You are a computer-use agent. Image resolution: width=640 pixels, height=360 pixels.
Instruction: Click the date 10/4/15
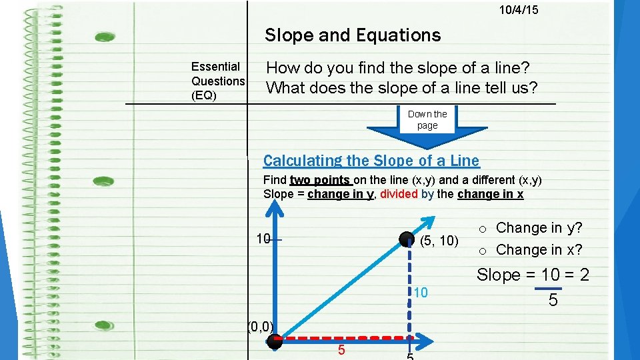(519, 10)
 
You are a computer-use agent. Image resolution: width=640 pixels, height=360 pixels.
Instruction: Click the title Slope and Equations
(353, 35)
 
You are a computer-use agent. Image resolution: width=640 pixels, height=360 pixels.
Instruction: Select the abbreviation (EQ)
(204, 95)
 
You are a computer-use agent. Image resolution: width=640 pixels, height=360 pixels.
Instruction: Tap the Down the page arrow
(427, 123)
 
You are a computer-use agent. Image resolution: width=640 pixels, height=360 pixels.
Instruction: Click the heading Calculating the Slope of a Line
(371, 161)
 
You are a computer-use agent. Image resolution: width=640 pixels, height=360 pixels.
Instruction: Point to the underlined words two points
(320, 180)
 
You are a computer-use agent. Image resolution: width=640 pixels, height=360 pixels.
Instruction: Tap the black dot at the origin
(275, 342)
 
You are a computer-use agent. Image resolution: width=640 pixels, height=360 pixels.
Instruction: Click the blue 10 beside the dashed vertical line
(420, 293)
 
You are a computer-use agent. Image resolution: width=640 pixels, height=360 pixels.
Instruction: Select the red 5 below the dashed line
(340, 350)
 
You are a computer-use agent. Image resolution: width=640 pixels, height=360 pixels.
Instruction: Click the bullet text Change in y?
(539, 228)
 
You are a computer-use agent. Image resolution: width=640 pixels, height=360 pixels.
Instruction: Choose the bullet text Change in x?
(539, 250)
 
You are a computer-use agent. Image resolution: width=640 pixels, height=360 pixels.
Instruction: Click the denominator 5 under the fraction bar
(553, 301)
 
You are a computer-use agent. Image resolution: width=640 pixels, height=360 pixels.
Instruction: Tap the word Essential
(215, 67)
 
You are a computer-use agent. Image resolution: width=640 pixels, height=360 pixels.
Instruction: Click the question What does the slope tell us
(402, 87)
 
